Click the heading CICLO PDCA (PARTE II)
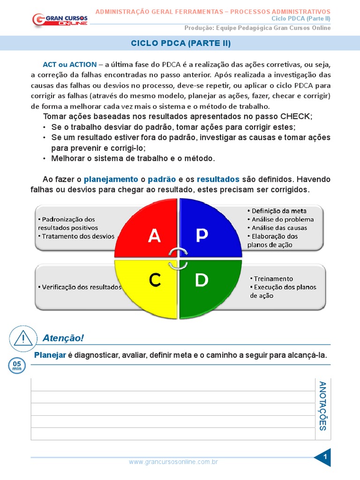180,44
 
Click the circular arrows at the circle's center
178,258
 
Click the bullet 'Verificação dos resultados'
79,287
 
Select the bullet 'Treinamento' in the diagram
273,278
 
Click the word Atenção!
63,338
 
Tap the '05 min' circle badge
17,366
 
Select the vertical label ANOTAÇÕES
322,406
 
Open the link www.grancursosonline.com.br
173,462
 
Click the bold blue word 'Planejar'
50,355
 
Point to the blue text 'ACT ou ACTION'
70,65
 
